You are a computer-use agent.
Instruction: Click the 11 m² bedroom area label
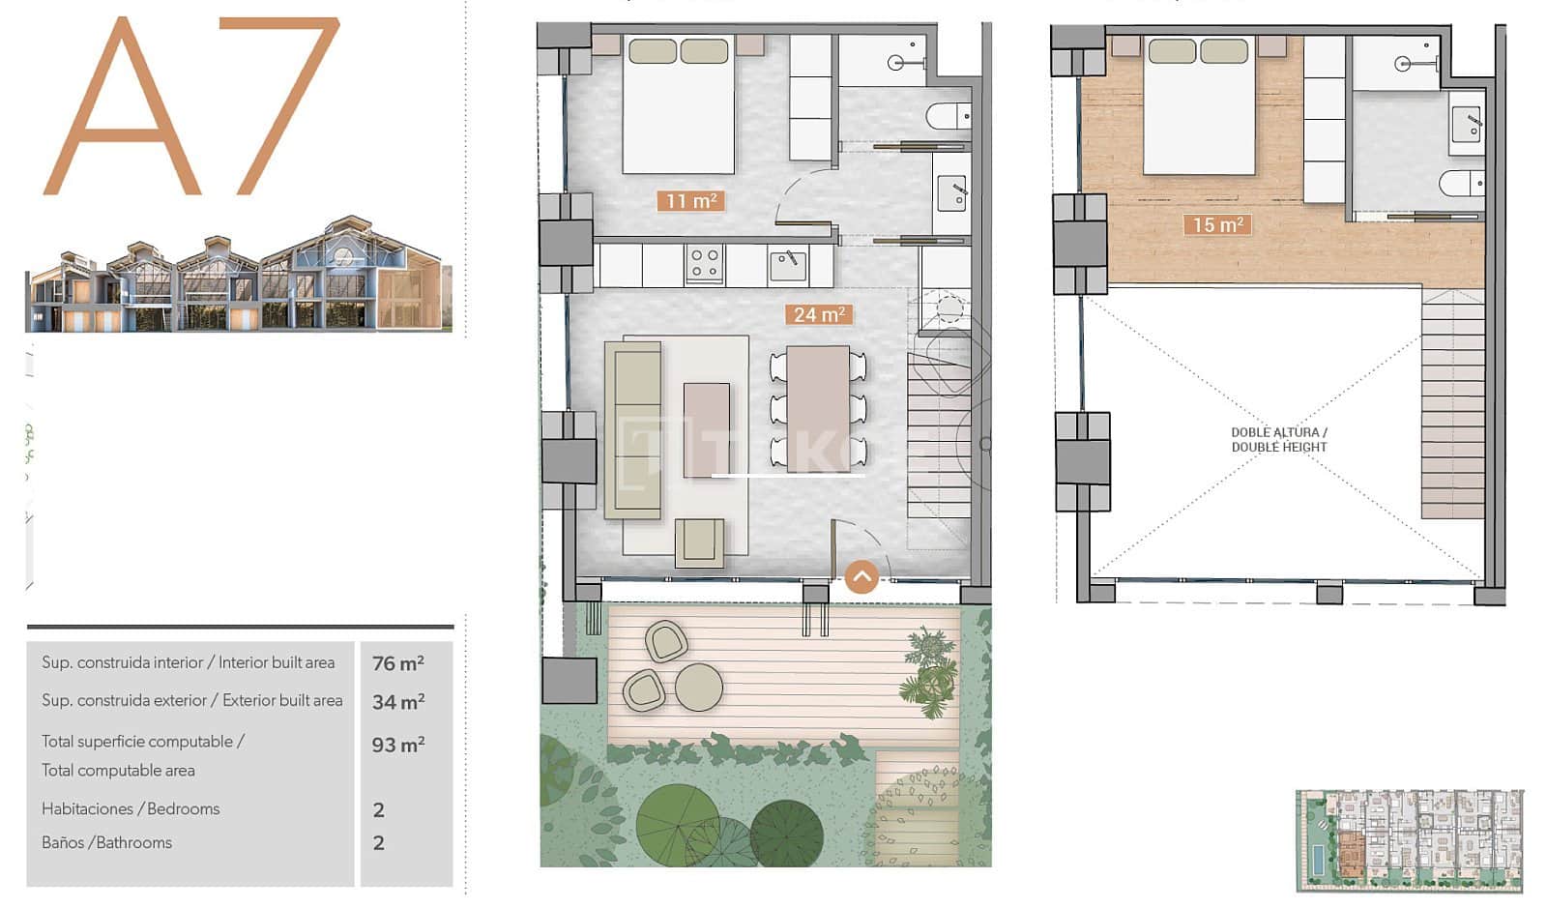click(690, 201)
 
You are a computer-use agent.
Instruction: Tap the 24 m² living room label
click(819, 314)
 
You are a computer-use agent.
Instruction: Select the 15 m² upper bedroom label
click(1217, 225)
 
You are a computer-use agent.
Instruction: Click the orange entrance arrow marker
click(861, 577)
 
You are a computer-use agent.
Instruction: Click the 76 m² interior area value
click(398, 663)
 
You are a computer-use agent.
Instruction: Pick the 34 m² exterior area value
click(398, 702)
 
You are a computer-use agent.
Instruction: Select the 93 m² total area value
click(398, 745)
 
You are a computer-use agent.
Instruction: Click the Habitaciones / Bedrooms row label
click(131, 809)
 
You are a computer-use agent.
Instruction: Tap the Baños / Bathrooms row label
click(106, 843)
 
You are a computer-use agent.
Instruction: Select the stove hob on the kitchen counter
click(705, 264)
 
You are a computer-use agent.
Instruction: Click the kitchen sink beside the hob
click(788, 263)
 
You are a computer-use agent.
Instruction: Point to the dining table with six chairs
click(818, 408)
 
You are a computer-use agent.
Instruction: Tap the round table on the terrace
click(699, 687)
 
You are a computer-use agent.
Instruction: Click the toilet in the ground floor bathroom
click(948, 117)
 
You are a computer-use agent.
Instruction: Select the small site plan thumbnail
click(1410, 839)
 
